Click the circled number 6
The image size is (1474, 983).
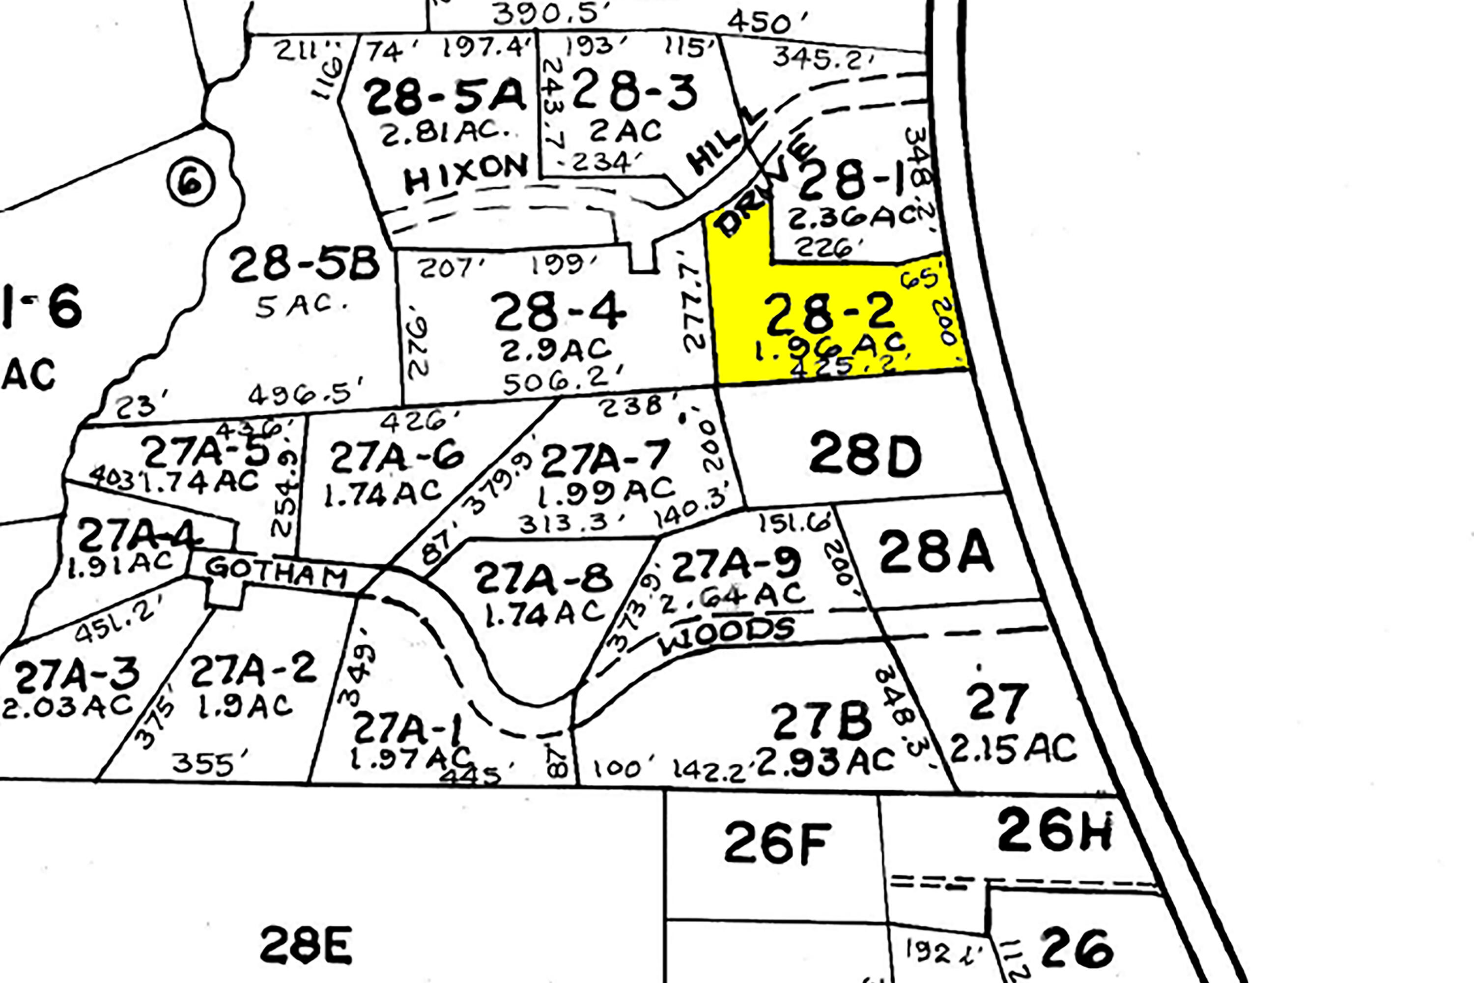pyautogui.click(x=191, y=183)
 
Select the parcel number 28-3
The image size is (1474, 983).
pyautogui.click(x=634, y=91)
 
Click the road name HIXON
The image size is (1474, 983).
pyautogui.click(x=466, y=173)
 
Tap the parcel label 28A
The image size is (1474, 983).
pyautogui.click(x=935, y=551)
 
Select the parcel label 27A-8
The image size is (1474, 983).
pyautogui.click(x=543, y=578)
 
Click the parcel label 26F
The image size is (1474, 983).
pyautogui.click(x=777, y=843)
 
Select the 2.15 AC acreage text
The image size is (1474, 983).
pyautogui.click(x=1013, y=748)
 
